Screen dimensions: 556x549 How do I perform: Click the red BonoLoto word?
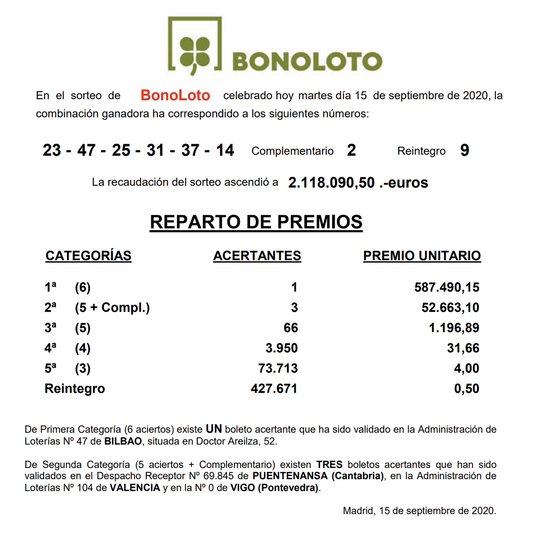coord(175,95)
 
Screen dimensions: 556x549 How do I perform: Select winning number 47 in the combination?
coord(86,150)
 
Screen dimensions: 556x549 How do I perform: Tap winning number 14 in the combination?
coord(225,150)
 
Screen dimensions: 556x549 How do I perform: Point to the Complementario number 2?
coord(351,150)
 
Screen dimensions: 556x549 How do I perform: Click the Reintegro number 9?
coord(464,150)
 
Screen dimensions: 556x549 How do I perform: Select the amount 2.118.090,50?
coord(331,183)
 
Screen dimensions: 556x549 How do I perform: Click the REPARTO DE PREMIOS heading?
coord(256,222)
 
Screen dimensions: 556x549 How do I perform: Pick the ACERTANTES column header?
coord(257,256)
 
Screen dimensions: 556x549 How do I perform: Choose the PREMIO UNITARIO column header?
coord(422,256)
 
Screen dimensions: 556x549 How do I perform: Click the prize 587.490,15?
coord(446,287)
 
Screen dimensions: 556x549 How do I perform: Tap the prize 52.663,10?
coord(450,308)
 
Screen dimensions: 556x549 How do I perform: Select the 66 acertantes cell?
coord(290,328)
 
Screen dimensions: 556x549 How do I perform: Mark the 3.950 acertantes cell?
coord(281,348)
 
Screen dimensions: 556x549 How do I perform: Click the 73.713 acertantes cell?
coord(278,368)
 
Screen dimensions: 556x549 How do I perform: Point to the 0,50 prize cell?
coord(466,388)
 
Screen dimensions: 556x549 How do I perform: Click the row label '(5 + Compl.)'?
coord(112,308)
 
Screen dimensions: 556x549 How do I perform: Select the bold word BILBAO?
coord(123,441)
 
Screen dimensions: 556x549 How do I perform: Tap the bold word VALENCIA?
coord(135,488)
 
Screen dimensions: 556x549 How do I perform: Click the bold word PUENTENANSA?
coord(290,476)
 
